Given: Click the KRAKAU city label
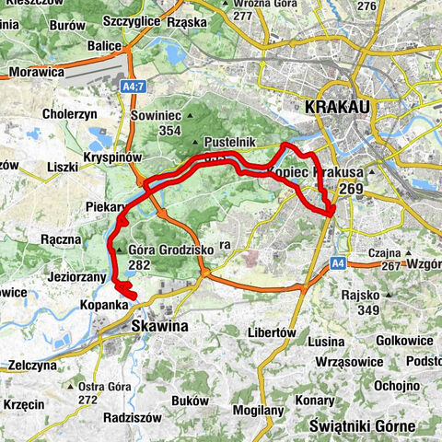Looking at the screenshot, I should pos(336,109).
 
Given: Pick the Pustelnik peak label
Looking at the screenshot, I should pos(226,145).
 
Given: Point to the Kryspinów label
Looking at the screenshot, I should pos(110,158).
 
